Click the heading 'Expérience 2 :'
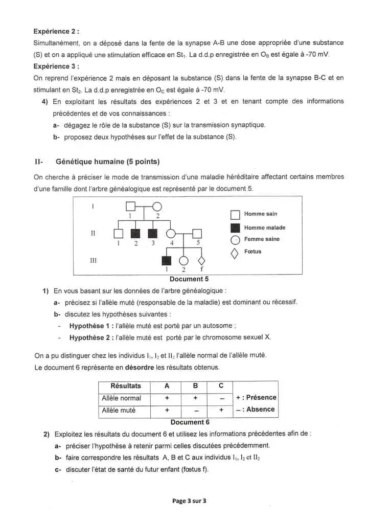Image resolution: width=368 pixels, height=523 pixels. pyautogui.click(x=56, y=31)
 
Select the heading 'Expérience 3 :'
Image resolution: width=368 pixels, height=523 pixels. pyautogui.click(x=56, y=66)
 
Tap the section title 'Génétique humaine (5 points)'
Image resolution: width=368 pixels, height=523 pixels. pyautogui.click(x=107, y=162)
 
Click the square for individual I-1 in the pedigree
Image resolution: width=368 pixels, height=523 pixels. pyautogui.click(x=131, y=207)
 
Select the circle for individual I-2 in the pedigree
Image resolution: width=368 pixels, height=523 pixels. pyautogui.click(x=157, y=207)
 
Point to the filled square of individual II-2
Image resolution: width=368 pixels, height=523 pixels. pyautogui.click(x=135, y=234)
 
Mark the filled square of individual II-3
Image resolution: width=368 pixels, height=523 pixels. pyautogui.click(x=153, y=234)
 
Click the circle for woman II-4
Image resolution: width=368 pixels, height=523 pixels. pyautogui.click(x=172, y=234)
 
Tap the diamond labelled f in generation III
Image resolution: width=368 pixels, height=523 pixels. pyautogui.click(x=202, y=261)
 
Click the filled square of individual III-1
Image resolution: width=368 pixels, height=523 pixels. pyautogui.click(x=166, y=261)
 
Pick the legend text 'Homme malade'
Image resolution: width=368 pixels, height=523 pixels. pyautogui.click(x=264, y=228)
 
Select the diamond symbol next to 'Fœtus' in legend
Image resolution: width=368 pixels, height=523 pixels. pyautogui.click(x=235, y=253)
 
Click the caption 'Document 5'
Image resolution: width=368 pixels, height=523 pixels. pyautogui.click(x=189, y=279)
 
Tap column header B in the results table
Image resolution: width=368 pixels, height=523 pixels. pyautogui.click(x=195, y=386)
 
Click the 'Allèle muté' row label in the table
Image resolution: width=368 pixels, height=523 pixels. pyautogui.click(x=119, y=410)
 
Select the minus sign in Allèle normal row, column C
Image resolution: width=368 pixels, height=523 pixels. pyautogui.click(x=221, y=398)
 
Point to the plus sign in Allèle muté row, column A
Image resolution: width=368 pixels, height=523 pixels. pyautogui.click(x=167, y=410)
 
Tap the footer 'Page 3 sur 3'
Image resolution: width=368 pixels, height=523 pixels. pyautogui.click(x=189, y=501)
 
